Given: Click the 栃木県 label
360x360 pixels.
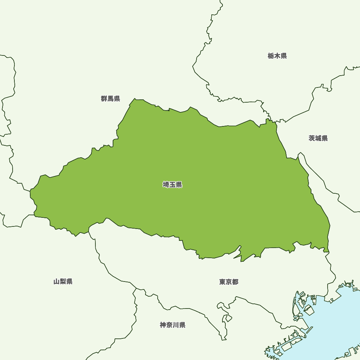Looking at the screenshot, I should [277, 56].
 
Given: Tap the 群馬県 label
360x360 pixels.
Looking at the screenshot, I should [111, 99].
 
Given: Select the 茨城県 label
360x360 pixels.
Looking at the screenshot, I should [318, 138].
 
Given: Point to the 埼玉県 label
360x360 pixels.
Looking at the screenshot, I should [172, 185].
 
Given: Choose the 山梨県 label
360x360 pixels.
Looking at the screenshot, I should [63, 282].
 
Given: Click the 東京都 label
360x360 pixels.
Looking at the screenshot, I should [229, 282].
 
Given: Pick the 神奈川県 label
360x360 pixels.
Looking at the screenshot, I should [173, 325].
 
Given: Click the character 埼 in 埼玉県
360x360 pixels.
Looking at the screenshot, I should [166, 185].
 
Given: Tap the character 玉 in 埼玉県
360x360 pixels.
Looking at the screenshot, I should [172, 185].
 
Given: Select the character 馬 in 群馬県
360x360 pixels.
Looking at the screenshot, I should [111, 99].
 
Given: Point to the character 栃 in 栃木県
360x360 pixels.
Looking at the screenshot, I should [271, 56].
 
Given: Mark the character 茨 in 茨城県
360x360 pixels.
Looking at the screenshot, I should [312, 138].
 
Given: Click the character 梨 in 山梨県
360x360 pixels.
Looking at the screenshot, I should [63, 282].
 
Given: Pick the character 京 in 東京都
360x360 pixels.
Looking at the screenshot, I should [229, 282].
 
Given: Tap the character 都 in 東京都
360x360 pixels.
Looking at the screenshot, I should [235, 282].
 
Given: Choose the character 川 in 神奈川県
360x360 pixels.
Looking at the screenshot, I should [176, 325].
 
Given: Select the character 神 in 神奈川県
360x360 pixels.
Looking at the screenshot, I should [163, 325].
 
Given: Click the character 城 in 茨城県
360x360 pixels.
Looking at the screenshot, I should [318, 138].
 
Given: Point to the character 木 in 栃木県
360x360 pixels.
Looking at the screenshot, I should [277, 56].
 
